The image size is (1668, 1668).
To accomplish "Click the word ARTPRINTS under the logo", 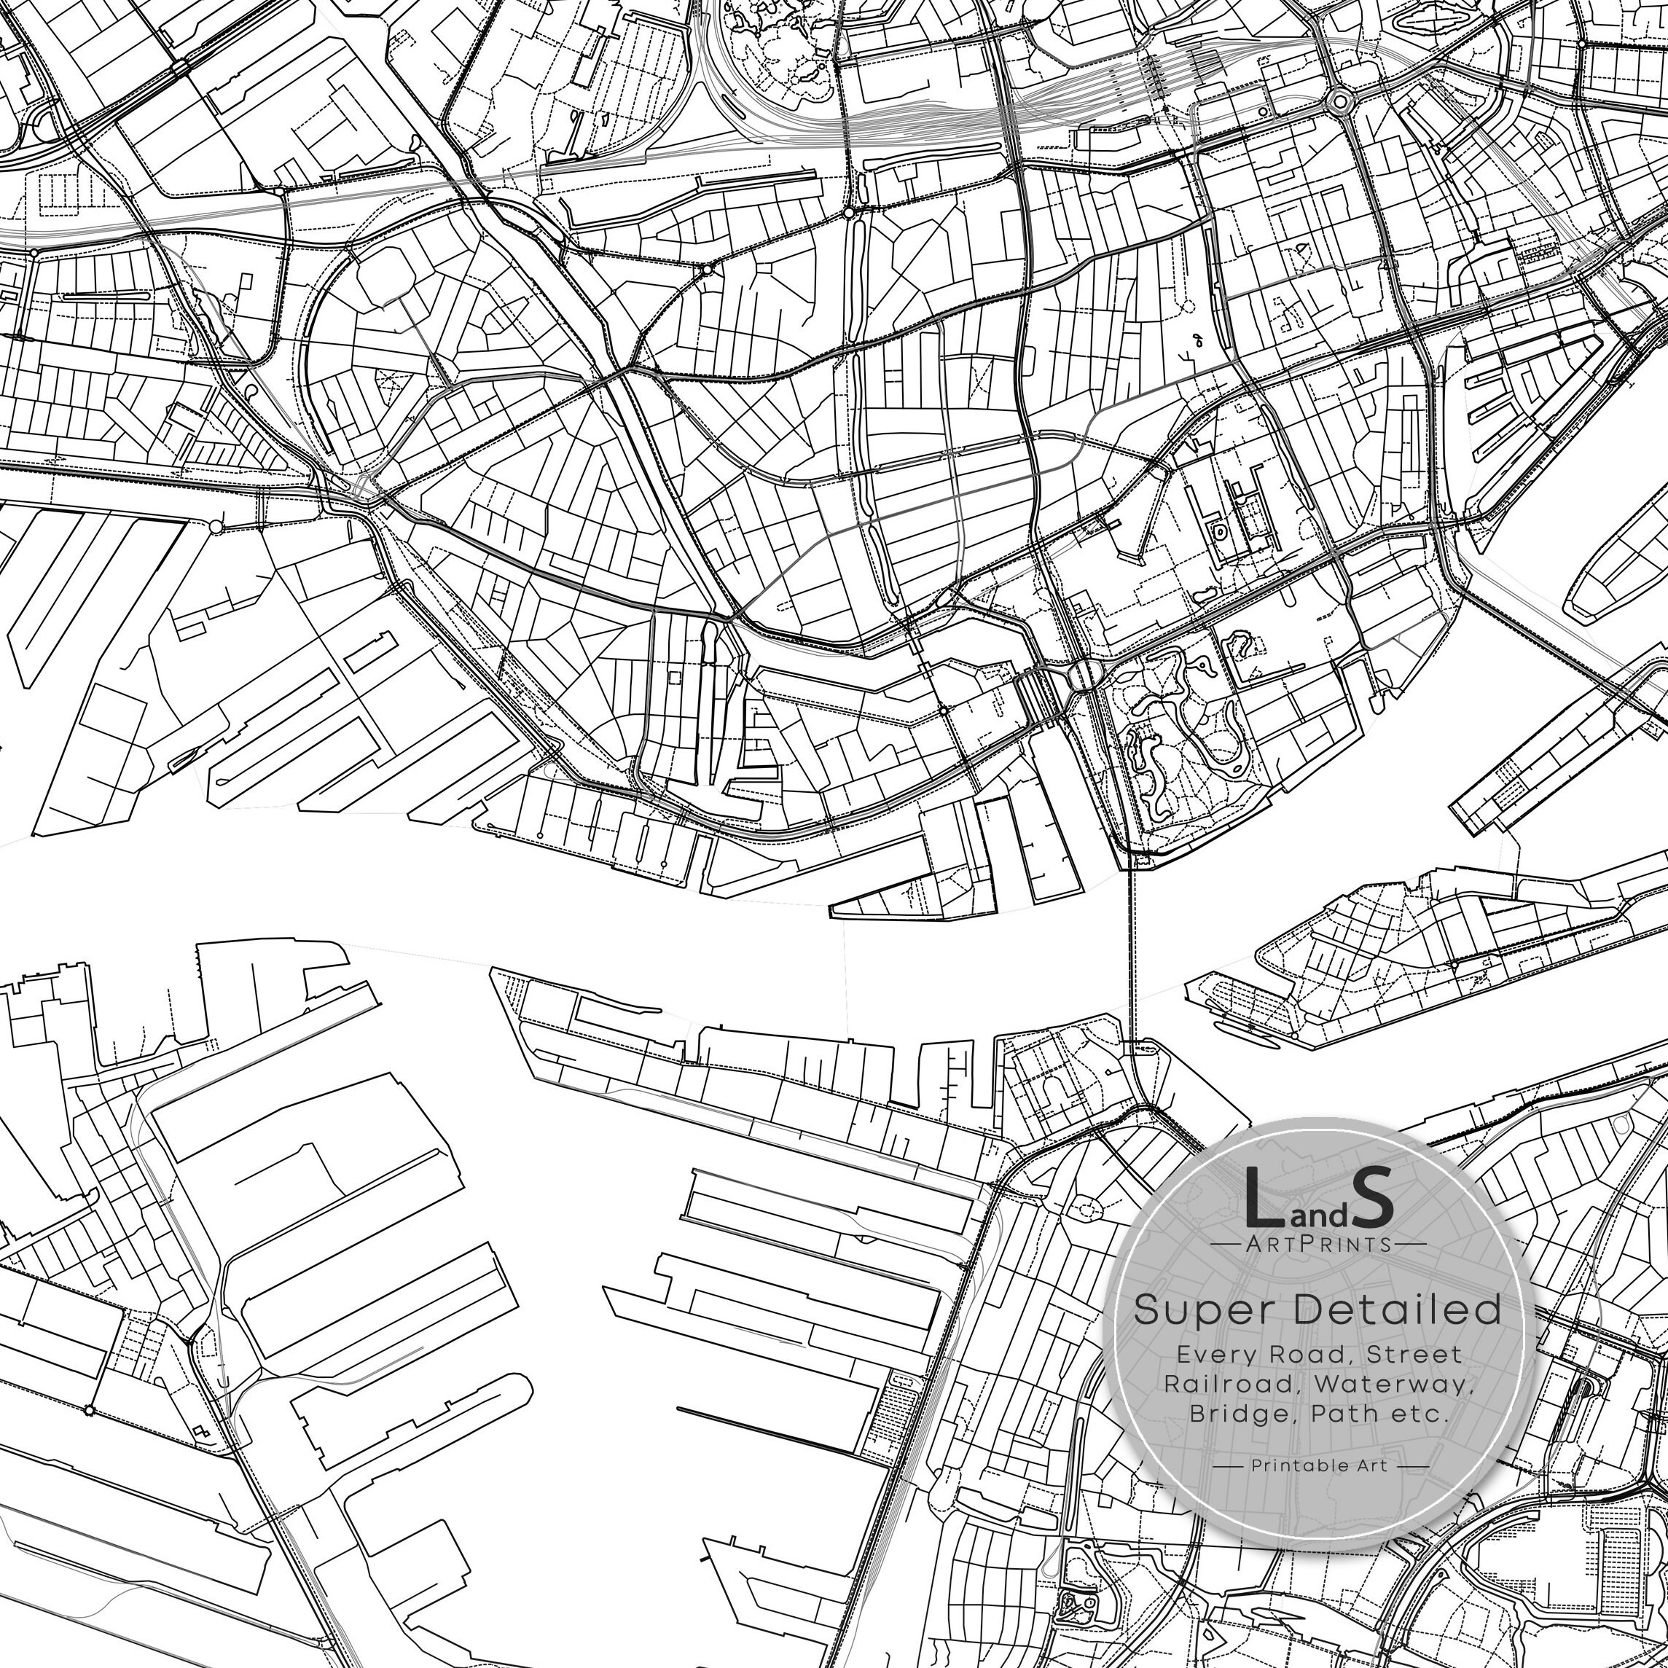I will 1318,1244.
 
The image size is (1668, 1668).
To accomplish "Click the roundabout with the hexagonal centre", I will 1339,103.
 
